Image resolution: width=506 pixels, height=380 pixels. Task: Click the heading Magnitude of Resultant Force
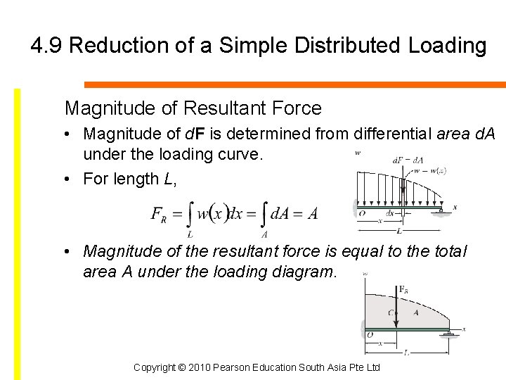click(x=193, y=108)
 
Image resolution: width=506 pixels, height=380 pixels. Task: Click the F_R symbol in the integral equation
click(x=159, y=214)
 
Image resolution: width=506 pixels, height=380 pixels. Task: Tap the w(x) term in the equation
click(x=214, y=213)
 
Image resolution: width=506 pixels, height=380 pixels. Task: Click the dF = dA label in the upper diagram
click(x=408, y=160)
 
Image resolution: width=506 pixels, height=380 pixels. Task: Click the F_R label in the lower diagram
click(x=403, y=289)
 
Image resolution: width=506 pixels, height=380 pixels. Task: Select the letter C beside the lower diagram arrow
click(x=390, y=313)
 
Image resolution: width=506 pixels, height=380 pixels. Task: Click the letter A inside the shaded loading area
click(x=416, y=313)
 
